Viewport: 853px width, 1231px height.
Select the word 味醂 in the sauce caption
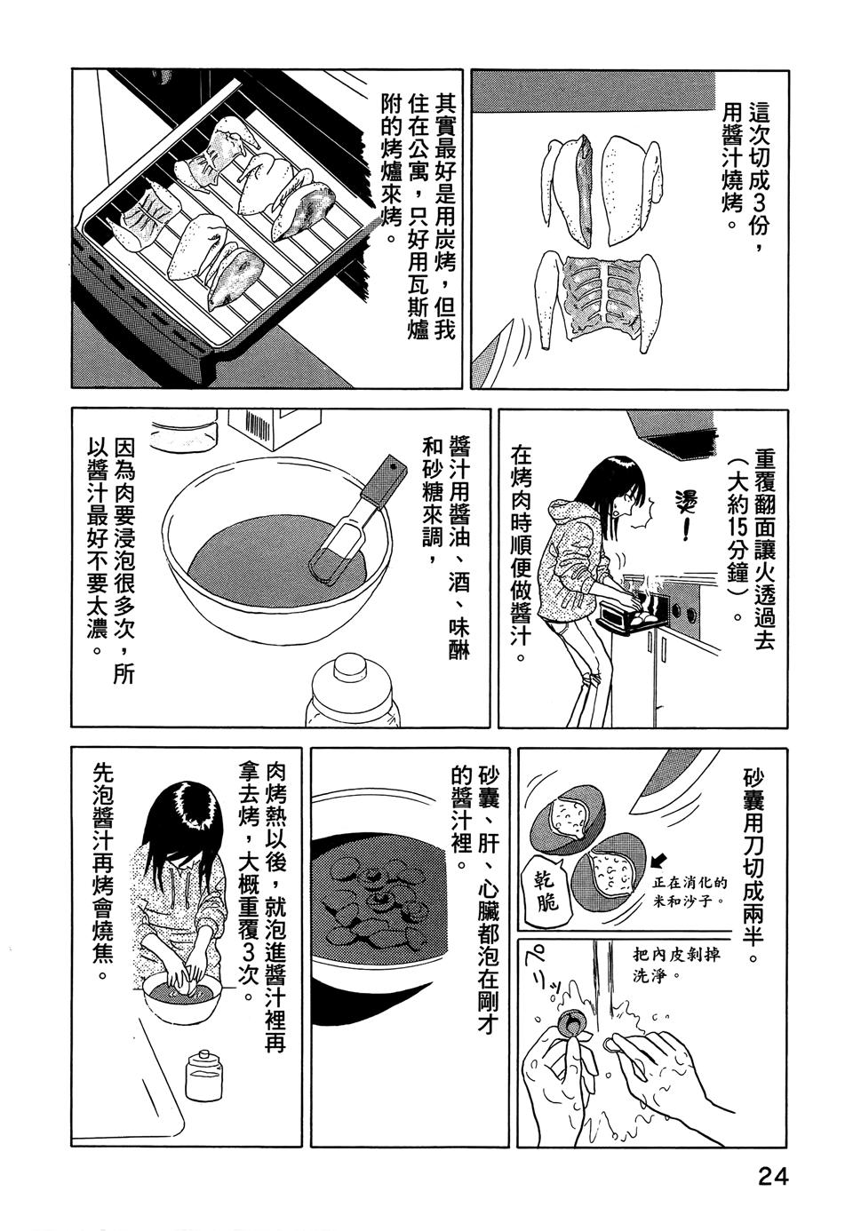[459, 639]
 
